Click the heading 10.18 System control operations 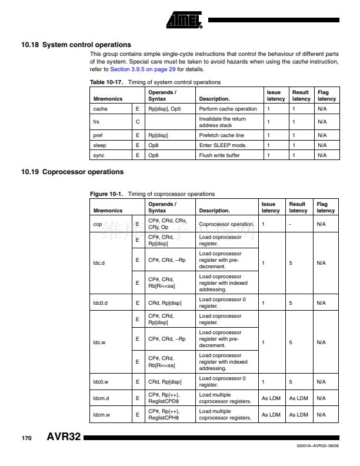click(76, 45)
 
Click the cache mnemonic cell click(99, 109)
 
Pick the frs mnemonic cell click(96, 122)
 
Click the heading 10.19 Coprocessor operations click(72, 172)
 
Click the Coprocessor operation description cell click(226, 224)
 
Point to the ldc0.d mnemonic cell click(101, 302)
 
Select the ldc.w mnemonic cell click(100, 341)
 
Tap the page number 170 click(26, 438)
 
